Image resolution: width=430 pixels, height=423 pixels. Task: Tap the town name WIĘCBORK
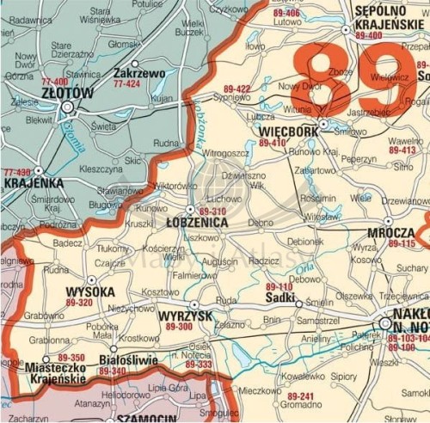coord(287,132)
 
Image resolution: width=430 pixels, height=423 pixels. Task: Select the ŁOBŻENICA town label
coord(197,222)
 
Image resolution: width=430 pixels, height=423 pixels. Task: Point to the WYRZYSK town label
coord(186,316)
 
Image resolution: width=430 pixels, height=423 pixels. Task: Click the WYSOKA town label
coord(90,292)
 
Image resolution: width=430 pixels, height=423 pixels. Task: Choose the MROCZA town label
coord(390,233)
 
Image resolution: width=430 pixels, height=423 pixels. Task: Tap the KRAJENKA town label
coord(33,183)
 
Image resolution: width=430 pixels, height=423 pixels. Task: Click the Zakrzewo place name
coord(139,74)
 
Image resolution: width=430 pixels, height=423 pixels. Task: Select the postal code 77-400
coord(55,82)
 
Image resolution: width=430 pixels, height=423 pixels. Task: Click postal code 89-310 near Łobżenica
coord(212,211)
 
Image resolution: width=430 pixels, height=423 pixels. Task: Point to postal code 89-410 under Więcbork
coord(273,144)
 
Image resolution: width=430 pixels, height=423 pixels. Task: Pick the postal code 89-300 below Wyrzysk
coord(179,328)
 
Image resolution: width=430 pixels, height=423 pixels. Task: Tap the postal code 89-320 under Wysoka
coord(79,303)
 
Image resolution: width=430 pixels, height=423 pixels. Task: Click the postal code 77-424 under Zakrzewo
coord(126,84)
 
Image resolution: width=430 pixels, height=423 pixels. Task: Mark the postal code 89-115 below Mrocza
coord(402,244)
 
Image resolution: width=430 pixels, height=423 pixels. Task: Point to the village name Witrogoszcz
coord(227,152)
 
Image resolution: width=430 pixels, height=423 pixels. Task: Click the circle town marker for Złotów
coord(68,106)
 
